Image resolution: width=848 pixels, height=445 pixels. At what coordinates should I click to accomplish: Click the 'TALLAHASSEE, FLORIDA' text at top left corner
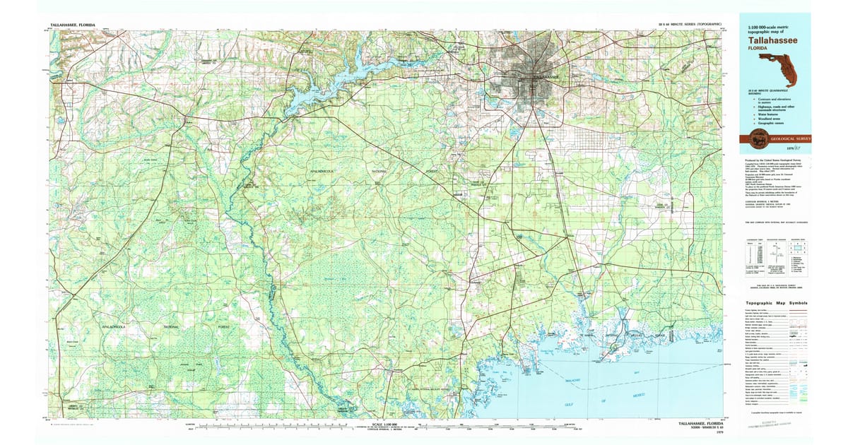[73, 24]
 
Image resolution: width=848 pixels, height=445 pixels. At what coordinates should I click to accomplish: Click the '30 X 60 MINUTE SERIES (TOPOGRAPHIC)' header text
[689, 24]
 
